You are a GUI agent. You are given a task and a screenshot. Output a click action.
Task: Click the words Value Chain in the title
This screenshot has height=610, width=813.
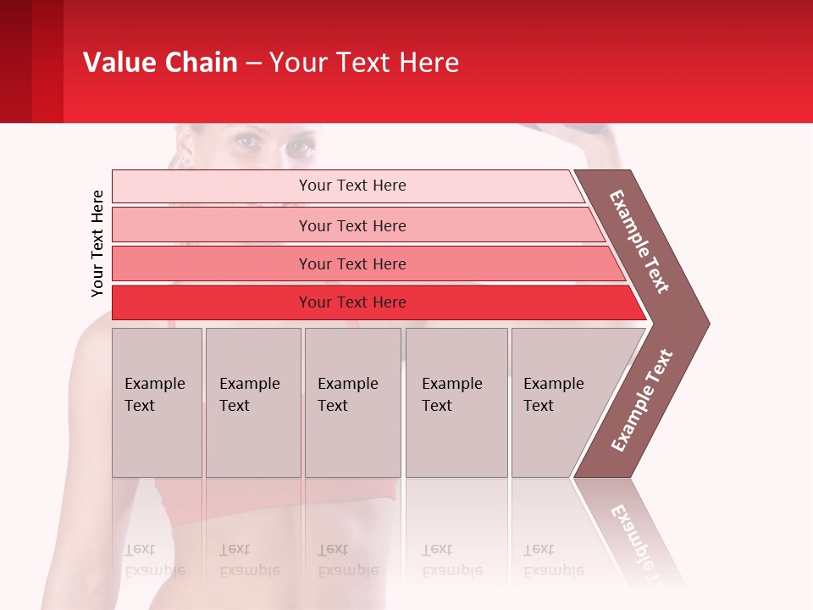pos(160,63)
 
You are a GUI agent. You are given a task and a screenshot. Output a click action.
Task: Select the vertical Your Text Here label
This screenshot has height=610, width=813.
pos(98,243)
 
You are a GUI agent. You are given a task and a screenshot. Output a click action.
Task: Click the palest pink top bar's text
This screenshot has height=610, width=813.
pos(352,186)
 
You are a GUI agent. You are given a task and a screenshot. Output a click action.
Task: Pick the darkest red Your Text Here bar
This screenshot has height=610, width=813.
pos(352,302)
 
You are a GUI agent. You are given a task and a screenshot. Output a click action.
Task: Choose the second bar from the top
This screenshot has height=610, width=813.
pos(352,225)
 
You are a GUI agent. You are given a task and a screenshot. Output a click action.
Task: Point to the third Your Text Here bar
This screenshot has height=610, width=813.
pos(352,263)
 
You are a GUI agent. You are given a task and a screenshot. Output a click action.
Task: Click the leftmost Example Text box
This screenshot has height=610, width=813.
pos(157,402)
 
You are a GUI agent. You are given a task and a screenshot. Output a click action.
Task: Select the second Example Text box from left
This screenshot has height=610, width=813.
pos(252,402)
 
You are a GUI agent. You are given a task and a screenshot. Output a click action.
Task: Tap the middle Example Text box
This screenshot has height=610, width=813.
pos(352,402)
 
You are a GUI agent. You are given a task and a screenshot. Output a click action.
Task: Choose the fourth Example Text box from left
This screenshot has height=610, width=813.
pos(456,402)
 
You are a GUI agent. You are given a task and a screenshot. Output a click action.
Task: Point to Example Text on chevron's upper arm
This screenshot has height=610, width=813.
pos(639,241)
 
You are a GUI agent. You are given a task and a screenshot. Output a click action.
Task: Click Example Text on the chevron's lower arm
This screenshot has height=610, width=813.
pos(642,400)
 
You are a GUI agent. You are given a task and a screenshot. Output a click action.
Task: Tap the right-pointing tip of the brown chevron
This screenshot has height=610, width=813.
pos(705,323)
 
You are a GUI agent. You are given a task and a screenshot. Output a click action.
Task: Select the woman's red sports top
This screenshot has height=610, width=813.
pos(203,500)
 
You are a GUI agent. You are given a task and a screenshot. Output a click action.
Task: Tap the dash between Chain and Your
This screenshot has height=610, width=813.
pos(253,64)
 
